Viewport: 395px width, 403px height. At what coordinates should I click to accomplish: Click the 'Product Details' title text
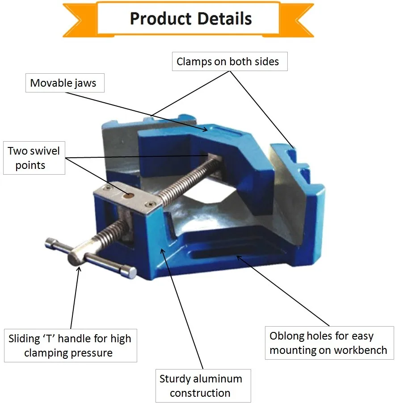[191, 19]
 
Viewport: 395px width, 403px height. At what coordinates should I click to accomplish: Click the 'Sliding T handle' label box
[70, 345]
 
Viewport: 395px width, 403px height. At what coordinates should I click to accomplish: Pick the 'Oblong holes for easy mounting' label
[328, 343]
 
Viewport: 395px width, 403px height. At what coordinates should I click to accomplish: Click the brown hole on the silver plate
[129, 195]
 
